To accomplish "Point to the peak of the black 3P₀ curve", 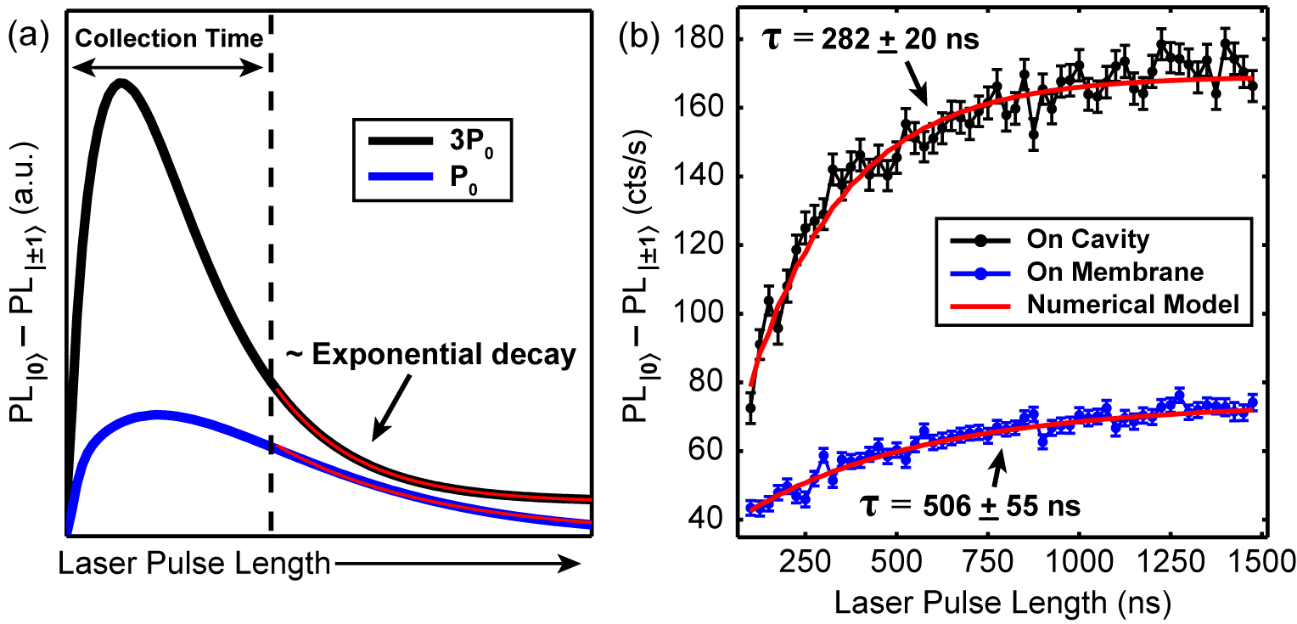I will click(x=121, y=83).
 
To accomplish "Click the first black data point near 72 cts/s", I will click(x=750, y=408).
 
